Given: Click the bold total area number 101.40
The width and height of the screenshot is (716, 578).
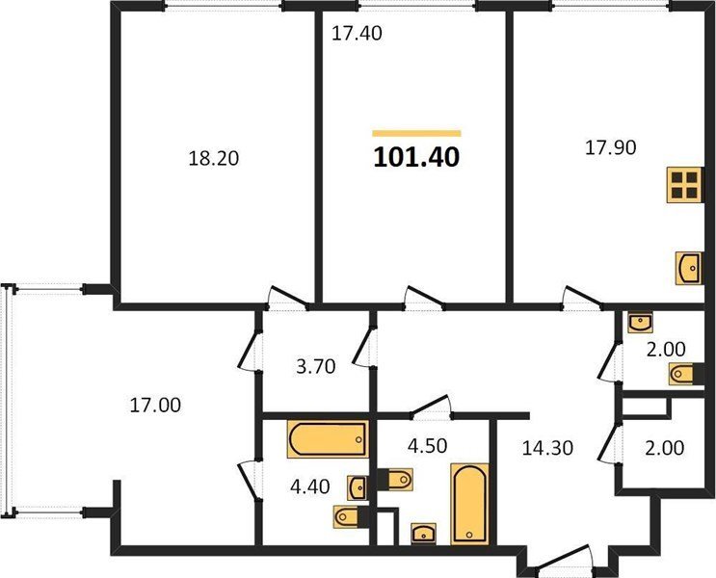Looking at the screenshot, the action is pyautogui.click(x=416, y=158).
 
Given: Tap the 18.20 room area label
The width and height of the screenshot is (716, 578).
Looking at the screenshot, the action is pyautogui.click(x=214, y=158).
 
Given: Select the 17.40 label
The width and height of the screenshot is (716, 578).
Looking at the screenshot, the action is pyautogui.click(x=357, y=34).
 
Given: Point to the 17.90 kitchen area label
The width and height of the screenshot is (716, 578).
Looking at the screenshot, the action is pyautogui.click(x=611, y=148).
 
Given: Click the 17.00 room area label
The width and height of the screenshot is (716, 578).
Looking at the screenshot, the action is pyautogui.click(x=155, y=405).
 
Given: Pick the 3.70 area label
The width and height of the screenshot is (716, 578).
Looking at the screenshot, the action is pyautogui.click(x=316, y=367).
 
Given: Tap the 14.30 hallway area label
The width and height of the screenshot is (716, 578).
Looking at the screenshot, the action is pyautogui.click(x=547, y=448).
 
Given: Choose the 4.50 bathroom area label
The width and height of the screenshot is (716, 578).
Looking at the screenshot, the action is pyautogui.click(x=428, y=446).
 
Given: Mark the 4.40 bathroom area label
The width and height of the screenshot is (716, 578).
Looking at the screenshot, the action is pyautogui.click(x=310, y=486).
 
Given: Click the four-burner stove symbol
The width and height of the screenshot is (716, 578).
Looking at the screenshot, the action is pyautogui.click(x=685, y=185).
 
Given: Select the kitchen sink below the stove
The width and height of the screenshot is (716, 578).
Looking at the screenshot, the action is pyautogui.click(x=690, y=268).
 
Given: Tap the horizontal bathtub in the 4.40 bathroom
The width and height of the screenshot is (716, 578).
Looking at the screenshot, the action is pyautogui.click(x=328, y=439).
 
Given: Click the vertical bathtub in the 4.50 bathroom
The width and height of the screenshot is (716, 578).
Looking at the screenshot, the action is pyautogui.click(x=469, y=504).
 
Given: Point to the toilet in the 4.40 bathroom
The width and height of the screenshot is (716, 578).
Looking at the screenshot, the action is pyautogui.click(x=352, y=516).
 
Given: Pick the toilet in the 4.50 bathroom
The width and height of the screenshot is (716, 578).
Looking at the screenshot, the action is pyautogui.click(x=395, y=480).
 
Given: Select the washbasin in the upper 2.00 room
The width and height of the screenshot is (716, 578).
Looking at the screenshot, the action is pyautogui.click(x=640, y=323).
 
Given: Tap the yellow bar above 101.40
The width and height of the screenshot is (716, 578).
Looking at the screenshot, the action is pyautogui.click(x=416, y=133).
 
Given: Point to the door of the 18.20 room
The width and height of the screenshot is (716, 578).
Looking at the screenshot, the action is pyautogui.click(x=287, y=298).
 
